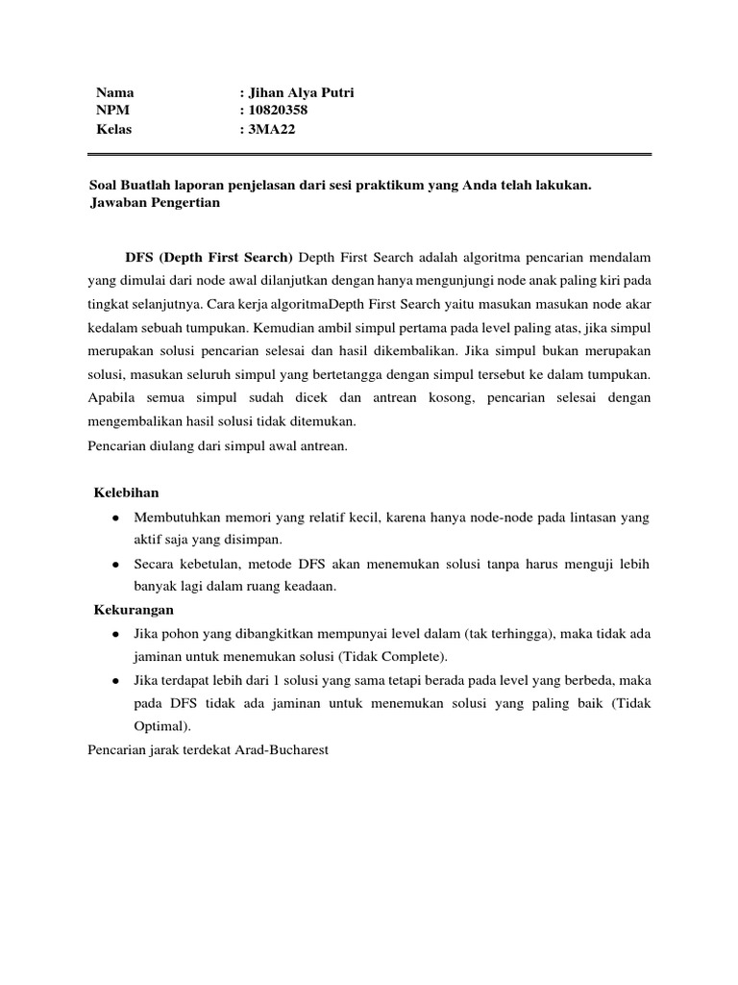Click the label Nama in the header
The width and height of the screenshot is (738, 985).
click(x=114, y=92)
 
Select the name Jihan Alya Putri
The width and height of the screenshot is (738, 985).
click(x=293, y=92)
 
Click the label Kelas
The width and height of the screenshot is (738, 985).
click(x=113, y=129)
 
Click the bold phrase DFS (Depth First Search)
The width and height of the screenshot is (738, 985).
click(x=209, y=258)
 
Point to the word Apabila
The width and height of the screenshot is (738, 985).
click(x=112, y=397)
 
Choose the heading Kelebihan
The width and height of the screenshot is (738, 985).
click(x=126, y=493)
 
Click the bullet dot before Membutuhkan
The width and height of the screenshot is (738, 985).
click(x=115, y=518)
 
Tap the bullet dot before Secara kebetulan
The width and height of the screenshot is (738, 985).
click(x=115, y=564)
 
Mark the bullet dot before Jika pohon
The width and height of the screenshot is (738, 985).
click(x=115, y=634)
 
